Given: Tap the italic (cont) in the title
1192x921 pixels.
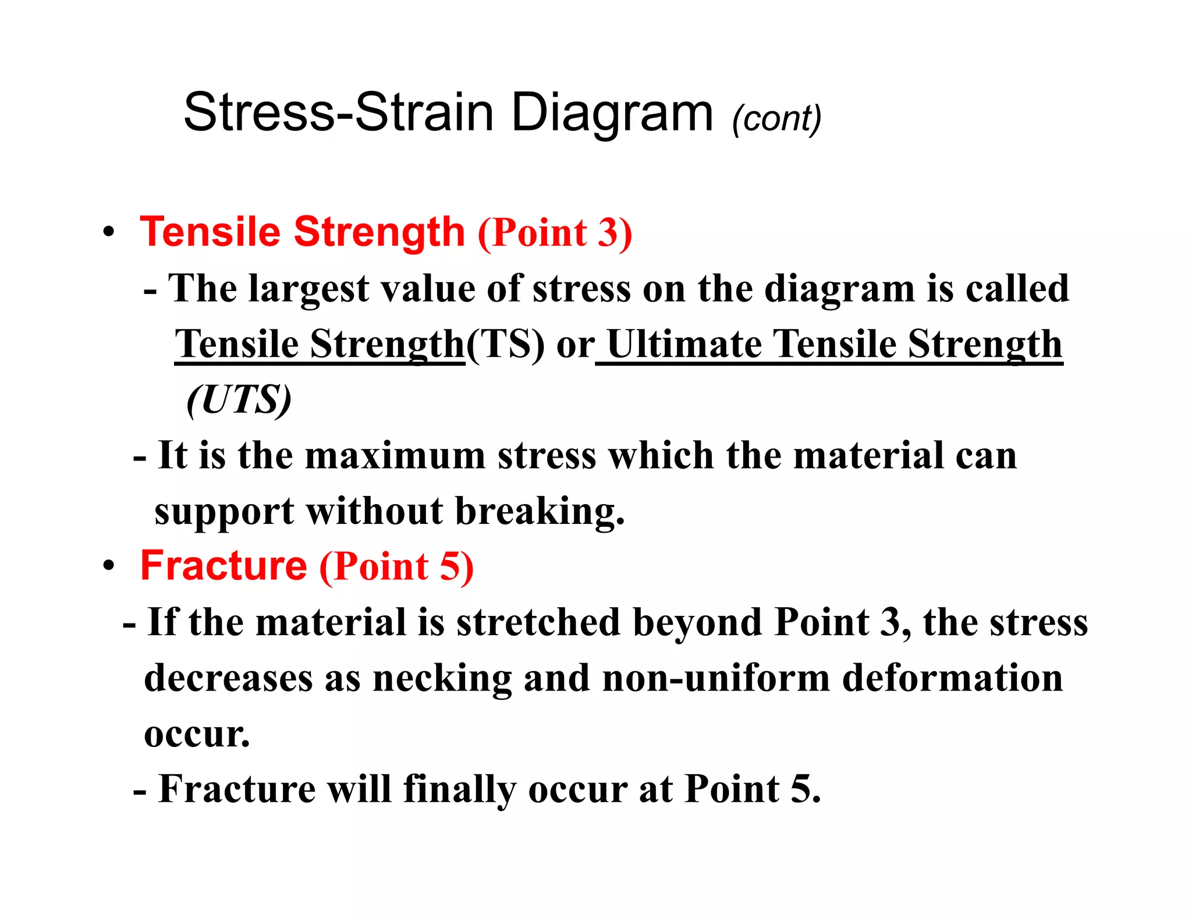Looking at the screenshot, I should pos(776,119).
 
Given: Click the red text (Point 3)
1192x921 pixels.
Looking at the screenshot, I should pos(555,233).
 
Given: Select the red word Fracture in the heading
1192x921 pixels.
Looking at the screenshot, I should pos(223,566).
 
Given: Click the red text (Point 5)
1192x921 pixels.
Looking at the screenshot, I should pos(396,567).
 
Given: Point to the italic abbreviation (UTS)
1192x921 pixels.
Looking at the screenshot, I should pos(239,401).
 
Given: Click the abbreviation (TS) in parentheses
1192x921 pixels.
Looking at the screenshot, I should pos(505,345).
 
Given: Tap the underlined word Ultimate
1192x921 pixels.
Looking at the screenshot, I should pos(683,345).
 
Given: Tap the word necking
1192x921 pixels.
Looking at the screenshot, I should pos(442,679).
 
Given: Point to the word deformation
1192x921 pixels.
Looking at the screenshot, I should pos(952,679).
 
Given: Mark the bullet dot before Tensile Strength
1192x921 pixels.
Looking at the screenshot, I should pos(108,232).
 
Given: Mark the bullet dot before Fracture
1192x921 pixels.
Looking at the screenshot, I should pos(108,566).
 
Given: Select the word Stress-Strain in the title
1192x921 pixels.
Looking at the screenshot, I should pos(339,113).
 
